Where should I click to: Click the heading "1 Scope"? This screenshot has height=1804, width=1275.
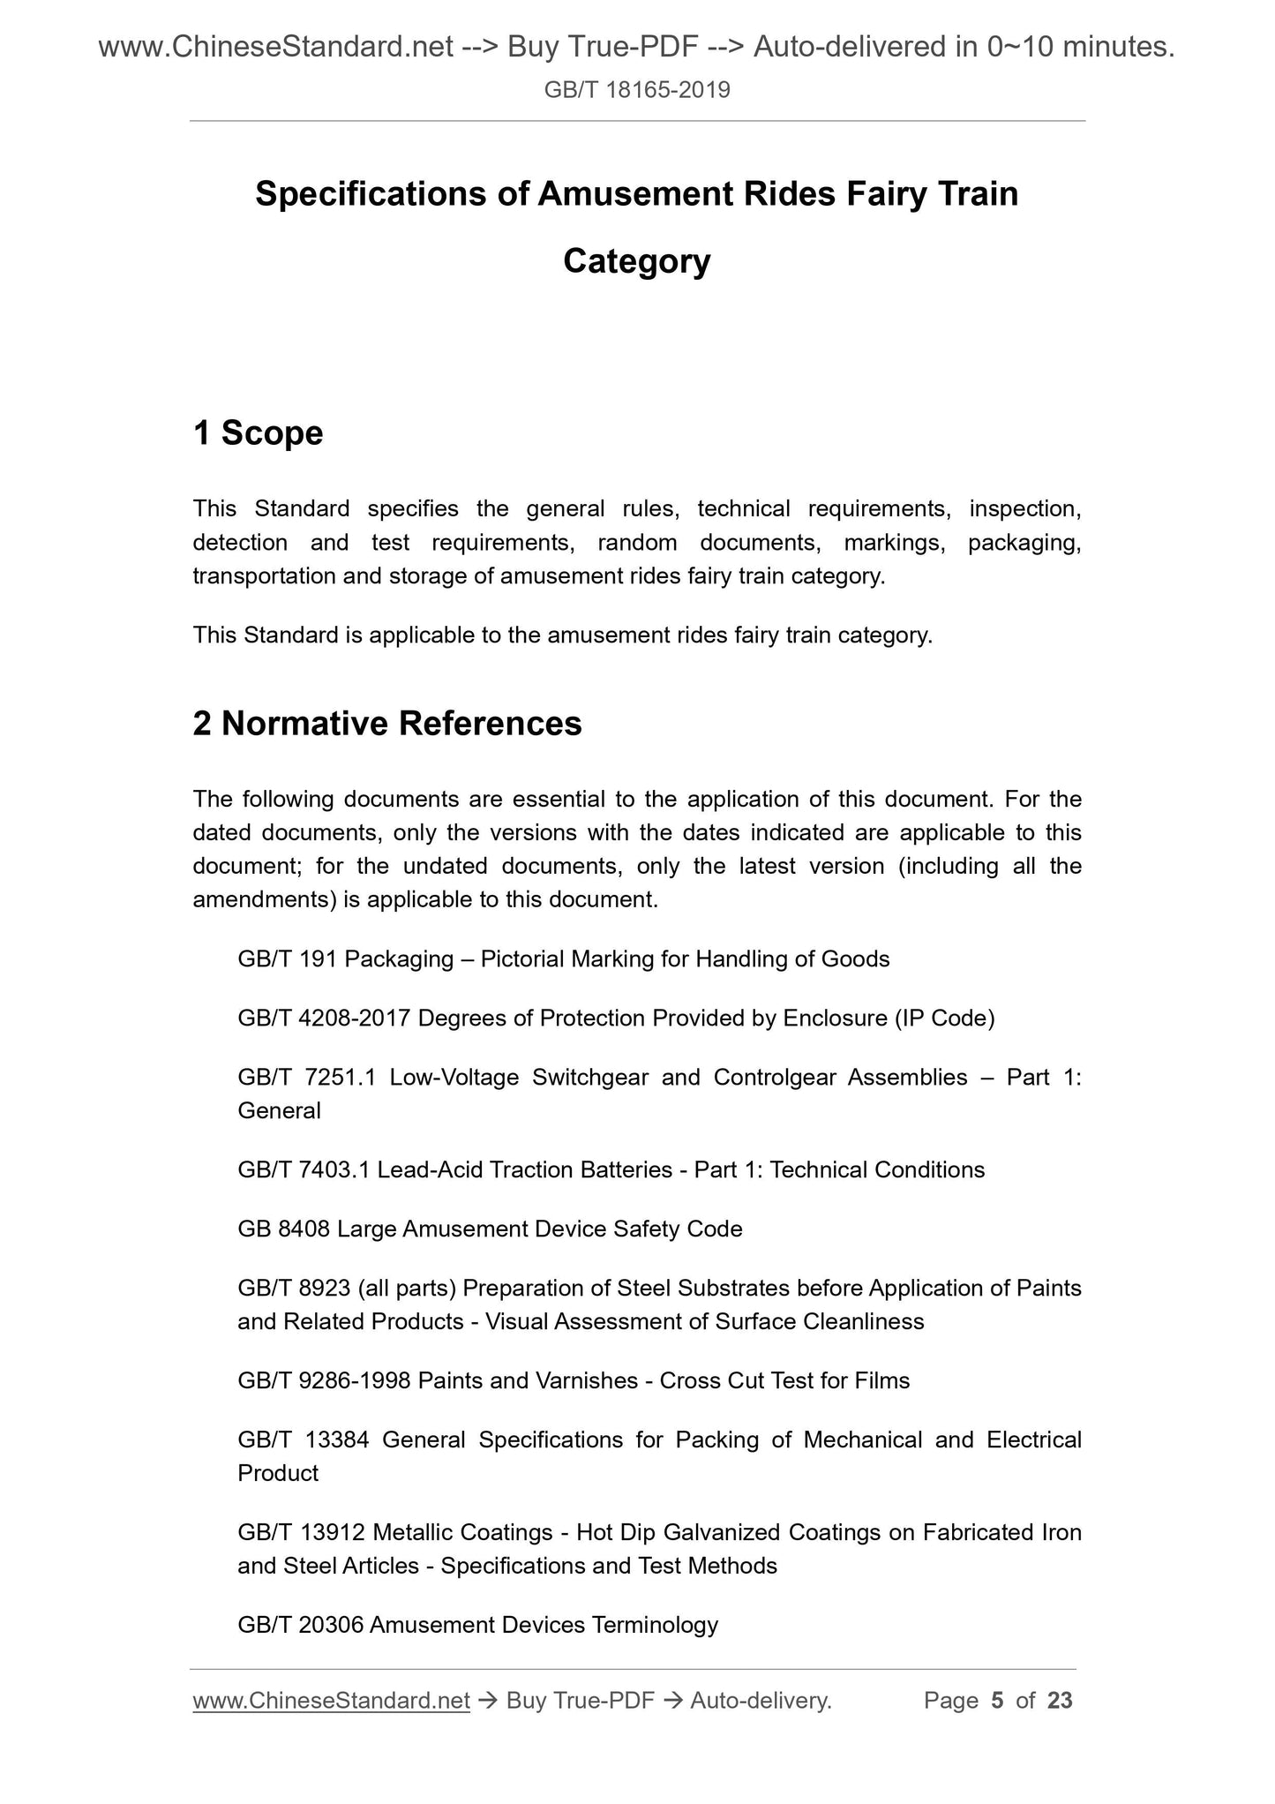pos(258,433)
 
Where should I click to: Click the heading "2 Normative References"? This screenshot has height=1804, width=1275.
pos(387,724)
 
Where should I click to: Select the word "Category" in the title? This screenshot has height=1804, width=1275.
pos(636,261)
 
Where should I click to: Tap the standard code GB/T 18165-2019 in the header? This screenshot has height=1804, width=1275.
pos(637,90)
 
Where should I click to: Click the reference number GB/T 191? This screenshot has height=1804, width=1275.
pos(288,958)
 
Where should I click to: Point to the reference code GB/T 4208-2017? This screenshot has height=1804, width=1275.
pos(324,1019)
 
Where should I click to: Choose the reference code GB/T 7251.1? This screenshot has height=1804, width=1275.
pos(307,1078)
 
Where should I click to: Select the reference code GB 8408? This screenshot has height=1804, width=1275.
pos(284,1229)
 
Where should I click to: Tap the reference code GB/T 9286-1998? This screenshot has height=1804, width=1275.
pos(324,1380)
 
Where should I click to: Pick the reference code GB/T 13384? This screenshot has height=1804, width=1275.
pos(304,1440)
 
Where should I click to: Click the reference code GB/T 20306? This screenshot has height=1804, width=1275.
pos(301,1625)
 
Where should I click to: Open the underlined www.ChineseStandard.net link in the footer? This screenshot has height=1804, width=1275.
pos(331,1701)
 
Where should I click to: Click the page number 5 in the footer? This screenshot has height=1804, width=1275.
pos(998,1701)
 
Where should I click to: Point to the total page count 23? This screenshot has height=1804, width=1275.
pos(1060,1701)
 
